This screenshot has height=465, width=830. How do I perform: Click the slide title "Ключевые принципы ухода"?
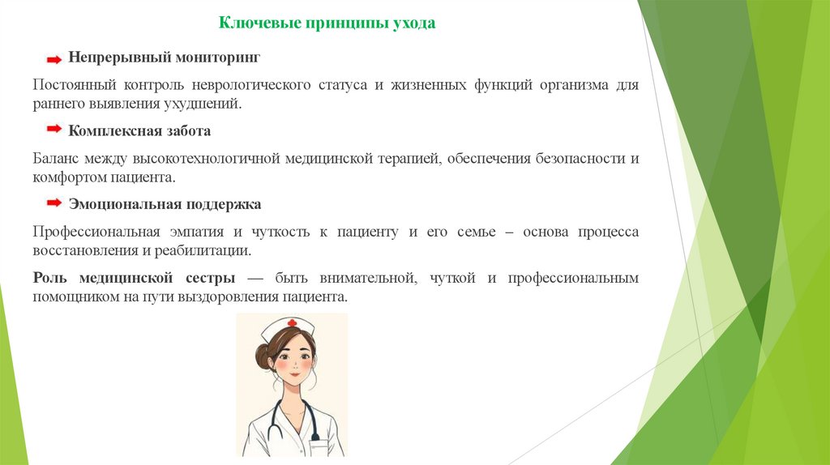pos(327,23)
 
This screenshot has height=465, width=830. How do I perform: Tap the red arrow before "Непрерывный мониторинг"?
pos(53,59)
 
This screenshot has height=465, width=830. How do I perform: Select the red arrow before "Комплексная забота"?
pos(53,130)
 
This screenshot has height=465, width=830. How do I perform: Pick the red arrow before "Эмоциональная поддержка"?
pos(53,202)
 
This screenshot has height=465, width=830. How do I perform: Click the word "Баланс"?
pos(57,158)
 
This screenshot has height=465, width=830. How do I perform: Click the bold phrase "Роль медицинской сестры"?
pos(135,278)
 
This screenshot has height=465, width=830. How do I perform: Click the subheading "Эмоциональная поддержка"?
pos(165,203)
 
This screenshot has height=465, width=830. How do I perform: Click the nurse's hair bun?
pos(263,356)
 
